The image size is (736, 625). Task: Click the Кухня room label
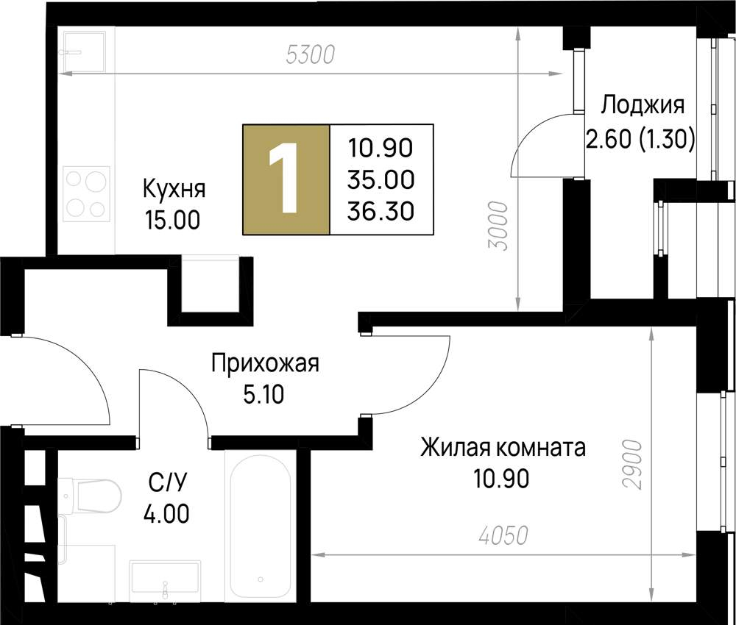coord(174,189)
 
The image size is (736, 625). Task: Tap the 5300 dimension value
coord(310,54)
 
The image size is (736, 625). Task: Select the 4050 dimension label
coord(503,536)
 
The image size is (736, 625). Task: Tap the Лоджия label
coord(642,105)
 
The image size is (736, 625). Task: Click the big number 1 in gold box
coord(287,179)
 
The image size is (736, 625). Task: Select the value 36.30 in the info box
coord(381,211)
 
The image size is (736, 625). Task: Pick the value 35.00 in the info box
coord(381,179)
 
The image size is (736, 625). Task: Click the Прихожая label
coord(265,362)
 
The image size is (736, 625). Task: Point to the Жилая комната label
coord(503,447)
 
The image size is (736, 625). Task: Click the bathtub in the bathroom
coord(260,526)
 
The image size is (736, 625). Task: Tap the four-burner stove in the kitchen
coord(86,193)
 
